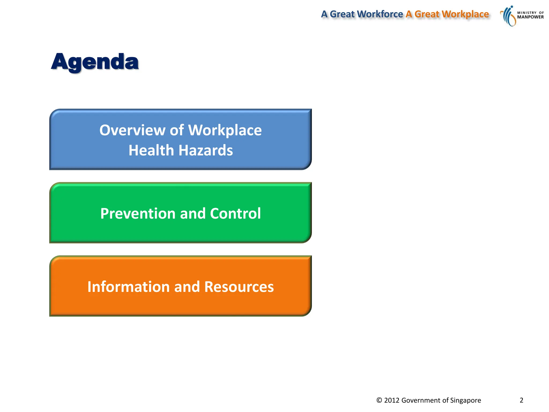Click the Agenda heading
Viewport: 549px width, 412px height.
click(95, 62)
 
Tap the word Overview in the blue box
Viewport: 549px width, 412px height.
click(132, 130)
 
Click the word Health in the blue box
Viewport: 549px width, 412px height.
click(151, 150)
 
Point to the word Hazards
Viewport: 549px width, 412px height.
click(206, 150)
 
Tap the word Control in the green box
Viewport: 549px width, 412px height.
click(235, 214)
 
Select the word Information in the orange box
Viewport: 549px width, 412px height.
click(128, 287)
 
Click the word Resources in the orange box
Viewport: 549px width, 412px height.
click(239, 287)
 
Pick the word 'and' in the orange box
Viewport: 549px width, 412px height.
click(187, 287)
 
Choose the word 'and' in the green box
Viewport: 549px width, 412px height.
click(193, 214)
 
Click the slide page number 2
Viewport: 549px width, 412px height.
click(521, 400)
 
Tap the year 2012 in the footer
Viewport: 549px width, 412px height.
click(392, 400)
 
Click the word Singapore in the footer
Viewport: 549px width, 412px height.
click(466, 400)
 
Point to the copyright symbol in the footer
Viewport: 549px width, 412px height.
click(379, 400)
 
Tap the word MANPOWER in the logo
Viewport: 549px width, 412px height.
click(530, 17)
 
